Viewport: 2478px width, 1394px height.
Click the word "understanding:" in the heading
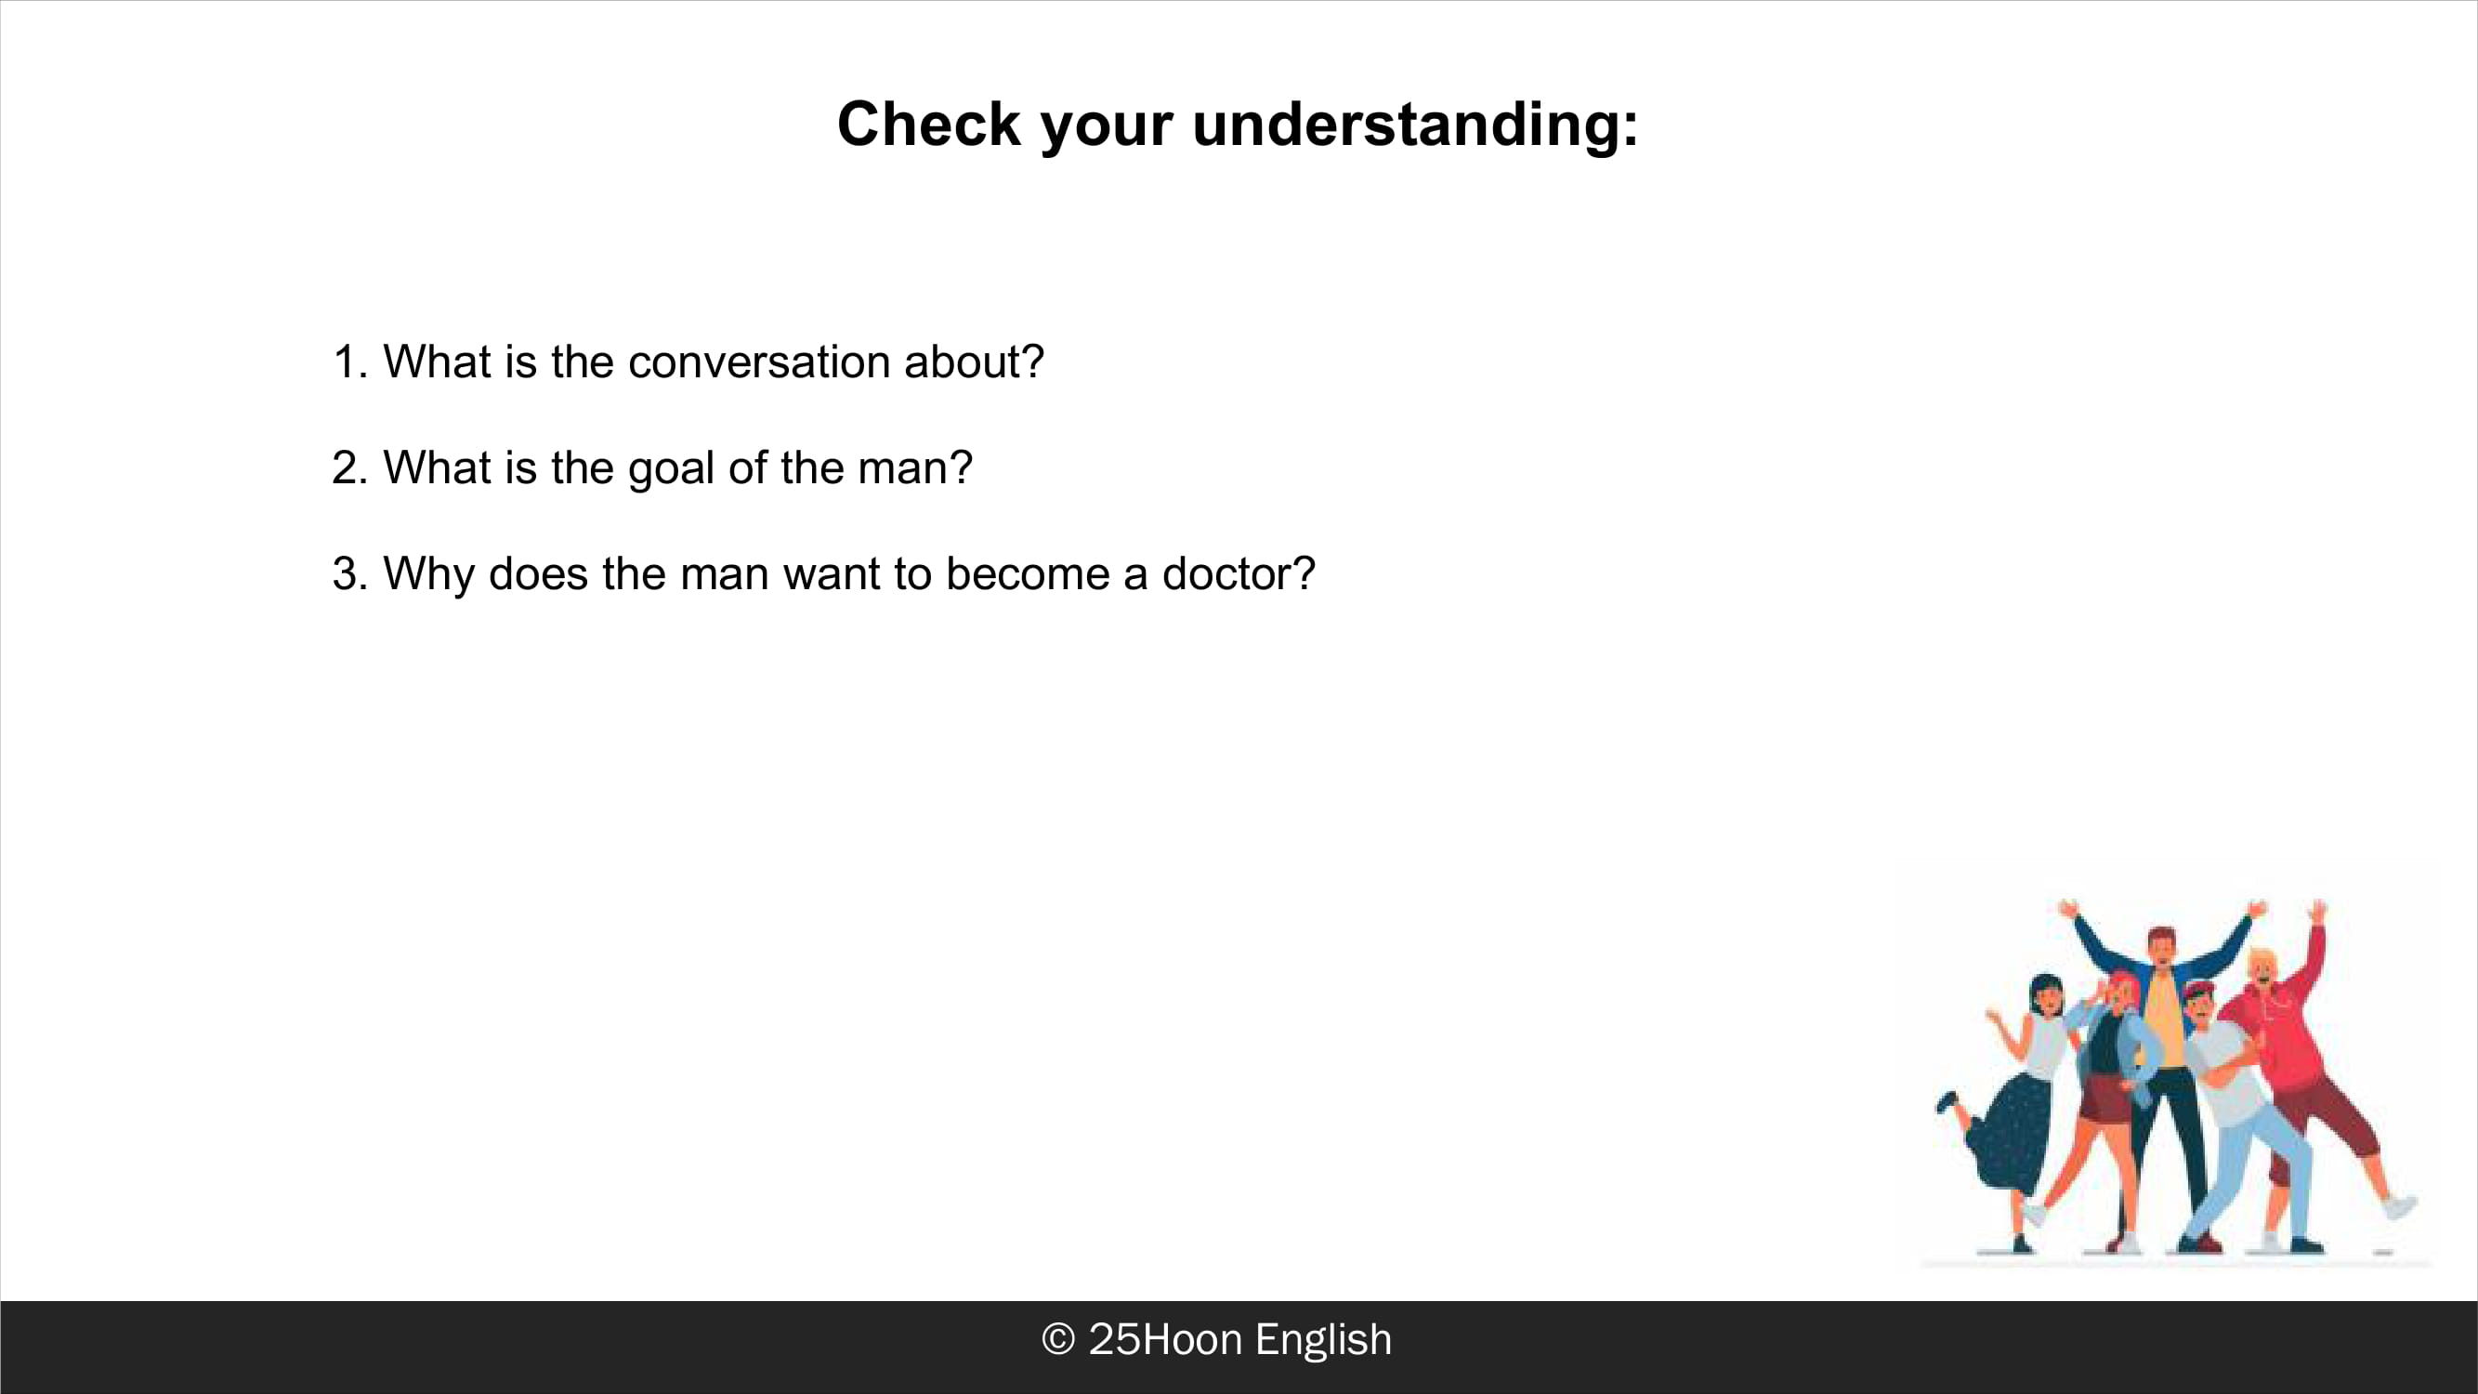(1415, 126)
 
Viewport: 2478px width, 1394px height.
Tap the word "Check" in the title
(928, 125)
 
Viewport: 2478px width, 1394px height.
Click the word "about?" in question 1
(974, 362)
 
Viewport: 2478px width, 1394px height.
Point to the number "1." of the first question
(351, 362)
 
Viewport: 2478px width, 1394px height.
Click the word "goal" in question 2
(671, 469)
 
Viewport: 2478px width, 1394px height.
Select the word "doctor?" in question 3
(1238, 573)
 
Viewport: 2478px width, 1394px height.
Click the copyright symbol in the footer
(1058, 1339)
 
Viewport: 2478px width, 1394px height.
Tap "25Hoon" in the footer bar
(1165, 1339)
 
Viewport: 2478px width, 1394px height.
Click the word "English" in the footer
(1323, 1340)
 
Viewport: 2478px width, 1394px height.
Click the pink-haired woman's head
(2119, 990)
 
